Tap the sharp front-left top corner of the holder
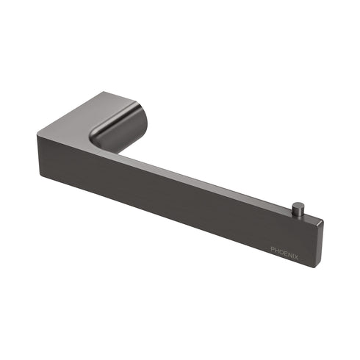point(34,132)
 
